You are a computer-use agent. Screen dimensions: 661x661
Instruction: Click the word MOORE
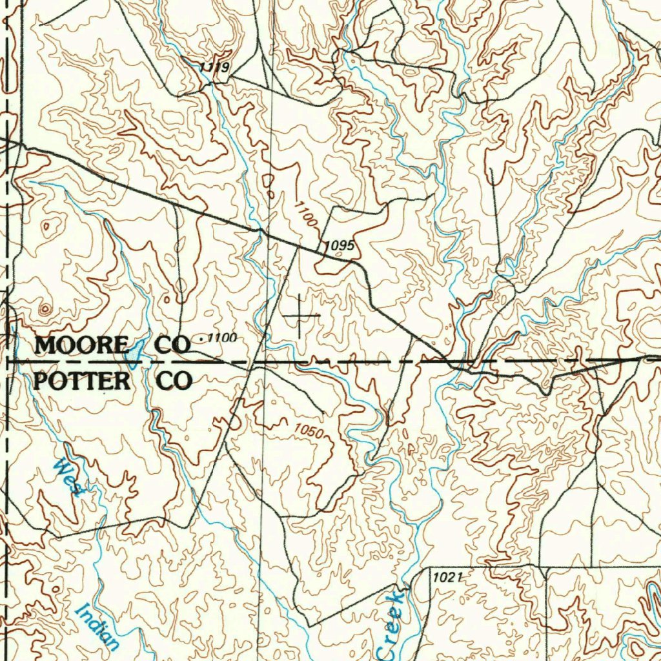81,345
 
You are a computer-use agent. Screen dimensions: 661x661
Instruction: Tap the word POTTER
81,381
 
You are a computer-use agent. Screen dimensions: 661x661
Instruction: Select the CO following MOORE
173,345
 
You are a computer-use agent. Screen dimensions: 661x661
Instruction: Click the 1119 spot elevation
214,68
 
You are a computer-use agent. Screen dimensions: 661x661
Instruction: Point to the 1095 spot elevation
338,246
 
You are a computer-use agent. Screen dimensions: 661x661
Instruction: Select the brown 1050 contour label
308,431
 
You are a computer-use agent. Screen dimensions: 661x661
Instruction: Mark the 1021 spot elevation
447,577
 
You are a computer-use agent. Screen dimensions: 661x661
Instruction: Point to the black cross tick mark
301,315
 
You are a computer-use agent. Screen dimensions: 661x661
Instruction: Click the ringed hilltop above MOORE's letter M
44,310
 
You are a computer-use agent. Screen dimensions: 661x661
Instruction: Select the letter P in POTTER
41,381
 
